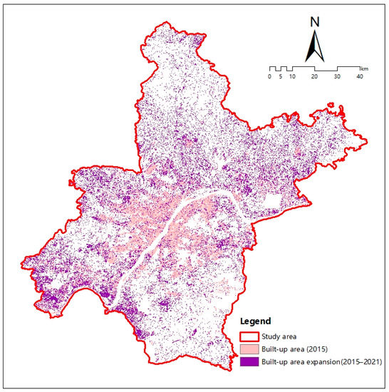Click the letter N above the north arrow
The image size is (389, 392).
click(x=313, y=21)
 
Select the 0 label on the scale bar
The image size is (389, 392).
click(x=270, y=76)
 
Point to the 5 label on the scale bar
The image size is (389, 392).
click(x=281, y=76)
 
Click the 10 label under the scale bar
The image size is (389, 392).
click(x=292, y=76)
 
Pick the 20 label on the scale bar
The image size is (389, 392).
click(x=314, y=76)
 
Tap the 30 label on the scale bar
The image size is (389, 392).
click(x=337, y=76)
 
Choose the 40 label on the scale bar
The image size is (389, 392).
click(x=359, y=76)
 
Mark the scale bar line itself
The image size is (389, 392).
click(x=314, y=69)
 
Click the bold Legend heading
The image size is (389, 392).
click(x=254, y=321)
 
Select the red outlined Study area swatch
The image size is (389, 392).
click(x=251, y=336)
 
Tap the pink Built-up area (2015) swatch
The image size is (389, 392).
click(x=251, y=349)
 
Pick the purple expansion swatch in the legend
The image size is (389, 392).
click(x=251, y=361)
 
